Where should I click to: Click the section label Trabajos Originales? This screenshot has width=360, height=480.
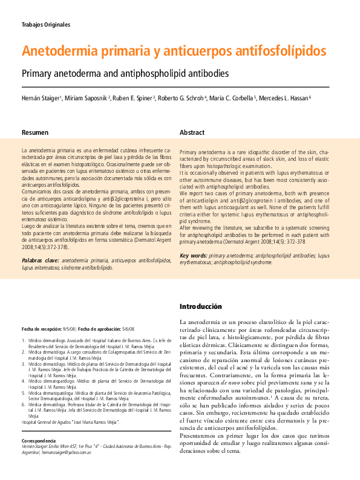point(46,25)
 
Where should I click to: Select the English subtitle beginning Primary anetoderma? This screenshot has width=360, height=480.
point(125,74)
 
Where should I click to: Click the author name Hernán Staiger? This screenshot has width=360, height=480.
point(41,98)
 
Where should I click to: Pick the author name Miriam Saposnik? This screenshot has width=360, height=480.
point(88,98)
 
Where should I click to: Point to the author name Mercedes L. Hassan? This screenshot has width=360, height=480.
point(283,98)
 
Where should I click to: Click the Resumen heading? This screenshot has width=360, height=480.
point(35,132)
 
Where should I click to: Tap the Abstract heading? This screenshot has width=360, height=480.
point(192,132)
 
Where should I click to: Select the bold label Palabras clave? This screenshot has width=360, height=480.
point(40,261)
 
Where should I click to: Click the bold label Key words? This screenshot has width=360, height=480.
point(194,256)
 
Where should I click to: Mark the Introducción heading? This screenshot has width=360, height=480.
point(205,306)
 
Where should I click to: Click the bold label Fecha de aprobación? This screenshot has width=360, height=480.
point(100,328)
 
